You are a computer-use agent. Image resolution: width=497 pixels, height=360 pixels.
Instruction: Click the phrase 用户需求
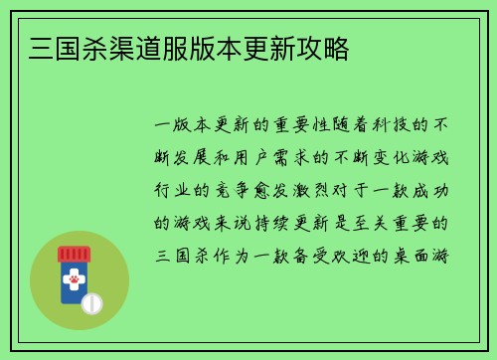(x=274, y=158)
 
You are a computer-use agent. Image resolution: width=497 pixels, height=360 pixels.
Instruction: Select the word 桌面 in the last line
(x=414, y=254)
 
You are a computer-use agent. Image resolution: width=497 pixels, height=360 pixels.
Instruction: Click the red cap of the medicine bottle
(x=74, y=254)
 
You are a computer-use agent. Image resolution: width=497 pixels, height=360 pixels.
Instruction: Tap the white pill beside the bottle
(x=91, y=301)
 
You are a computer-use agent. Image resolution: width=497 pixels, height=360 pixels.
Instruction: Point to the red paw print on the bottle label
(x=74, y=280)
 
